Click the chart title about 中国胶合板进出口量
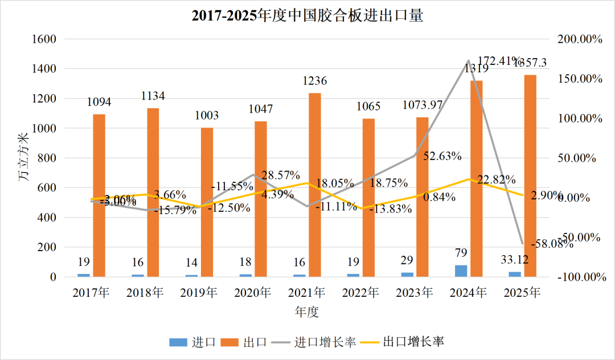[307, 15]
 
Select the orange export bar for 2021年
[315, 185]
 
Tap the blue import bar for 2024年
[461, 271]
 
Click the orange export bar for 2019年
[207, 202]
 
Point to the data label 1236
[314, 81]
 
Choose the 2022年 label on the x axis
[361, 293]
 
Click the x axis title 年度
[307, 312]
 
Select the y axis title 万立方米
[23, 158]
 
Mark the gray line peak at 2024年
[468, 60]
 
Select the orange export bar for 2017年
[99, 195]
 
